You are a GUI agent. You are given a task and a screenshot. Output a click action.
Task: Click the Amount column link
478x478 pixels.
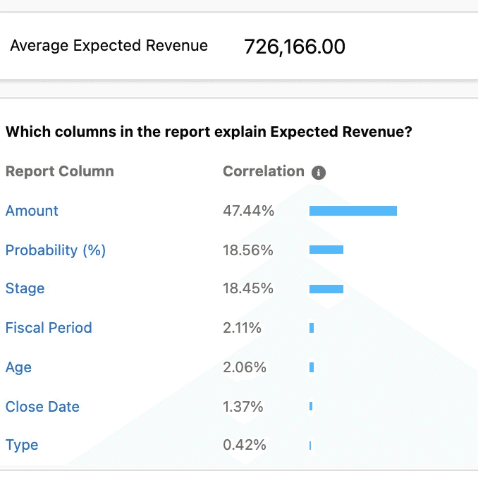click(x=32, y=211)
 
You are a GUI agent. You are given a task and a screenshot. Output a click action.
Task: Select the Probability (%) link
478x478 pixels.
click(x=56, y=250)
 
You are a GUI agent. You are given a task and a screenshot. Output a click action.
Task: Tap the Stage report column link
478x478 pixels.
click(x=25, y=288)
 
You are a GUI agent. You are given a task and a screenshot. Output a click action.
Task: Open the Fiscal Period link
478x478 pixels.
click(x=49, y=328)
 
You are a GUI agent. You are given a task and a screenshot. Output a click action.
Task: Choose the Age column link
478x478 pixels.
click(x=18, y=367)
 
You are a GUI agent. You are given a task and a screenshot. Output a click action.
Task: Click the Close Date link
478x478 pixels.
click(x=42, y=406)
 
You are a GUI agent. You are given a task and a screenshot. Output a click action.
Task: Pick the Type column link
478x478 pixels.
click(x=22, y=445)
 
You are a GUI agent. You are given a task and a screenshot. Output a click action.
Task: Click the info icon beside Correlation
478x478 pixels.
click(x=319, y=173)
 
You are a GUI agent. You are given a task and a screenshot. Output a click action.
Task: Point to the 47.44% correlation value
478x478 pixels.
click(x=248, y=211)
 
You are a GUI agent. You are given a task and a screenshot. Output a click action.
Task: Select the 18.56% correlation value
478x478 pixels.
click(x=248, y=250)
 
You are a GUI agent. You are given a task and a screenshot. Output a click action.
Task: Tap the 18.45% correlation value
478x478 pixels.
click(x=248, y=288)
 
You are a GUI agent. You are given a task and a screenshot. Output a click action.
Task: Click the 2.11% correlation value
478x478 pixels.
click(x=242, y=328)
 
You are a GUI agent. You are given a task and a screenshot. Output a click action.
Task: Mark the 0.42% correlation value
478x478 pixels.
click(x=245, y=445)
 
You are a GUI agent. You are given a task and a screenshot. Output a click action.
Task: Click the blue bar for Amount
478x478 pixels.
click(x=353, y=211)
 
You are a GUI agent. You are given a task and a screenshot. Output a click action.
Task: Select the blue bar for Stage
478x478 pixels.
click(x=326, y=288)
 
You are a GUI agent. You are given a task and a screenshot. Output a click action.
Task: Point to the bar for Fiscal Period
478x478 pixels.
click(x=312, y=328)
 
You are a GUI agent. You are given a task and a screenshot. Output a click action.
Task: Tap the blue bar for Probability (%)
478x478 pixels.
click(x=326, y=250)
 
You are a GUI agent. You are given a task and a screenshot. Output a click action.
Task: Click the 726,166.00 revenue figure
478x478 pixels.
click(x=295, y=47)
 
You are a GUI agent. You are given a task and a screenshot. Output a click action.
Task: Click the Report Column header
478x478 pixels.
click(x=60, y=171)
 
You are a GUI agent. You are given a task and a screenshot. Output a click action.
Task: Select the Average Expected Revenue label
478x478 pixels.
click(x=109, y=46)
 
